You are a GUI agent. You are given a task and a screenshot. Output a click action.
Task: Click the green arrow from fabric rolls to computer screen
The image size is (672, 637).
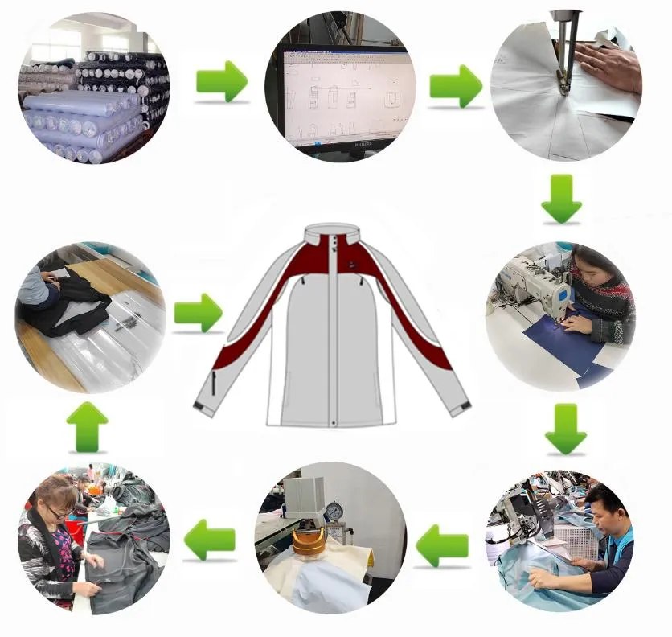click(221, 80)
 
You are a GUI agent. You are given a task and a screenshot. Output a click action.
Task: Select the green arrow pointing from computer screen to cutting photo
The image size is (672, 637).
click(456, 86)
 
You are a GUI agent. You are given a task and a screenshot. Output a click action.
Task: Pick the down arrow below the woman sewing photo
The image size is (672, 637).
click(566, 429)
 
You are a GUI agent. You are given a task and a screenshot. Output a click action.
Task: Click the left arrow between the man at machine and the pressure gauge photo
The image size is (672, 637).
click(442, 545)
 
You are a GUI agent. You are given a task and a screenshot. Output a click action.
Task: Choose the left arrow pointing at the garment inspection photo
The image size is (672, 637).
click(210, 540)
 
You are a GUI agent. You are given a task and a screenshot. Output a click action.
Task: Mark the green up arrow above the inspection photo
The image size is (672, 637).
click(87, 426)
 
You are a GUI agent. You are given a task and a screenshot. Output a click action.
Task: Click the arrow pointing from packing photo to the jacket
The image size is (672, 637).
click(199, 312)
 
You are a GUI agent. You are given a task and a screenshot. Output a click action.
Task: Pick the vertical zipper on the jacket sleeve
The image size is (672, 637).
click(215, 381)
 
